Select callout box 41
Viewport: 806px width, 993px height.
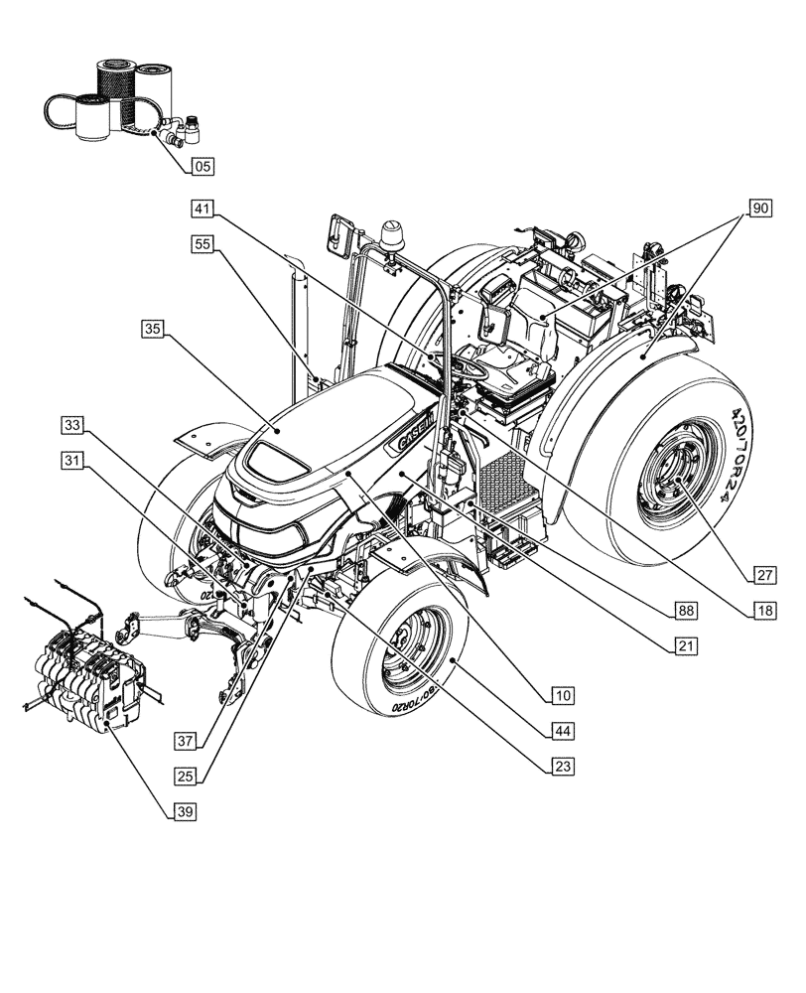point(201,209)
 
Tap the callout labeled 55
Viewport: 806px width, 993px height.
point(201,241)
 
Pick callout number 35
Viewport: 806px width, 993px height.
point(152,329)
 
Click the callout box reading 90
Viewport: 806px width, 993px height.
point(758,209)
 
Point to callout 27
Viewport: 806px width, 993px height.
point(762,574)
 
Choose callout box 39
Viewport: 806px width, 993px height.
point(185,811)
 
